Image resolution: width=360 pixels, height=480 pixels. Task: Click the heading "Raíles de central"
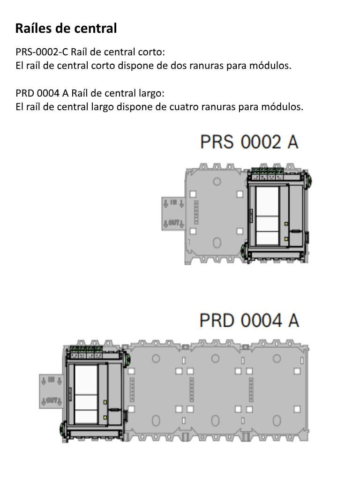pos(66,29)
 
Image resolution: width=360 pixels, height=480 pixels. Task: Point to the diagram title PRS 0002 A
pos(249,142)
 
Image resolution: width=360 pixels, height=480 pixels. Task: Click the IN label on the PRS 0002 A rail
pos(173,202)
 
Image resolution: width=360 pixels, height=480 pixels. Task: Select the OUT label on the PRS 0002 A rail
pos(172,224)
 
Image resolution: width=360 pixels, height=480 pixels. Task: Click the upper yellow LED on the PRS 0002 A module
pos(286,224)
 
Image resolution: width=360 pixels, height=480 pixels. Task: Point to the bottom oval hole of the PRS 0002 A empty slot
pos(217,243)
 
